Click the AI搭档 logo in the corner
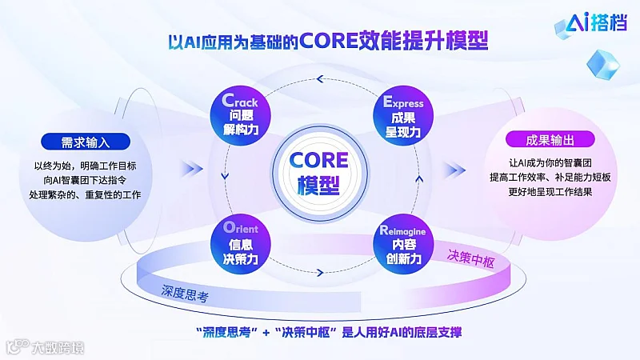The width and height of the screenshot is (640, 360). click(x=594, y=25)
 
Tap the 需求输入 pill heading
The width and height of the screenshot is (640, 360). click(x=85, y=142)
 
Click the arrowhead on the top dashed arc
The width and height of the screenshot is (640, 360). click(x=320, y=78)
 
